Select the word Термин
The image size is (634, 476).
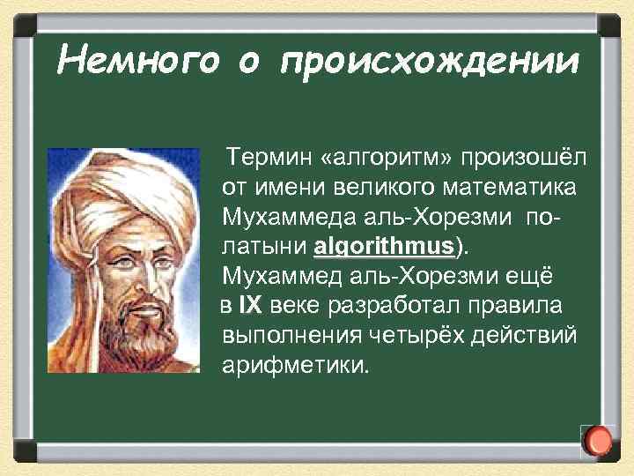(267, 158)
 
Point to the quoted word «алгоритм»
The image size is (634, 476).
(381, 158)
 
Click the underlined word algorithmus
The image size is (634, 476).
(382, 245)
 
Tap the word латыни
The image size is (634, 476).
(264, 245)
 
